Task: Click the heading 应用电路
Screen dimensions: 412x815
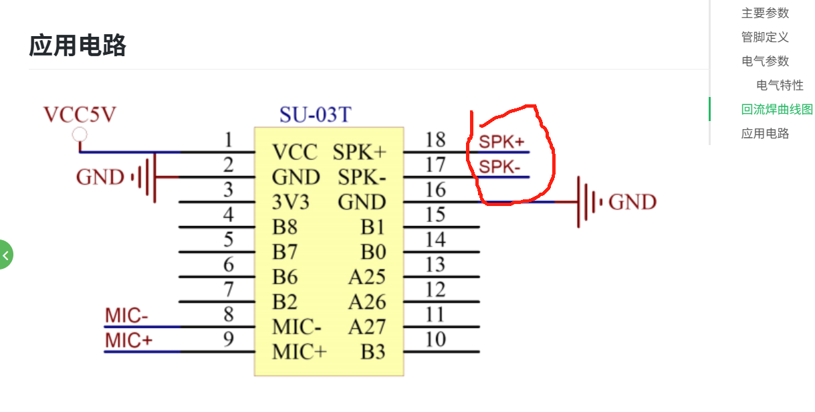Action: [78, 46]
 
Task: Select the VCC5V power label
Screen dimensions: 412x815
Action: [80, 114]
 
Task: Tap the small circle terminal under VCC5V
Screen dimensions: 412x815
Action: [80, 135]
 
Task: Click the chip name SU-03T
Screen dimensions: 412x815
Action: [315, 115]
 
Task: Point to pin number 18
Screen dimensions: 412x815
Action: [435, 140]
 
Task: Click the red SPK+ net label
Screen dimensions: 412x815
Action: [501, 142]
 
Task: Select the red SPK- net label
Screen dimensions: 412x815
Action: [499, 167]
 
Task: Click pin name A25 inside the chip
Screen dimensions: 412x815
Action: [367, 277]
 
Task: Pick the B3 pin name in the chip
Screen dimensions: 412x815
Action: [373, 352]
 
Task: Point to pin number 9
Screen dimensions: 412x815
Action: [229, 340]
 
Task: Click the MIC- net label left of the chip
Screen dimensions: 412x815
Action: [127, 316]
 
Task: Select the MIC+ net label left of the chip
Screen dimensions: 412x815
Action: [129, 340]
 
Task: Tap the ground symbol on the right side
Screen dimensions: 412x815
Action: [588, 202]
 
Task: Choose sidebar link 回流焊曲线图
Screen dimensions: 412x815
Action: [777, 109]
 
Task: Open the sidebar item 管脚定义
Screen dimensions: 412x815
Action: [765, 37]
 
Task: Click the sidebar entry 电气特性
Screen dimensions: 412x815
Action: [780, 85]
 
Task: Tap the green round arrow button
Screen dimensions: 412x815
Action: [5, 254]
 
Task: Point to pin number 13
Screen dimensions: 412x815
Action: [435, 265]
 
